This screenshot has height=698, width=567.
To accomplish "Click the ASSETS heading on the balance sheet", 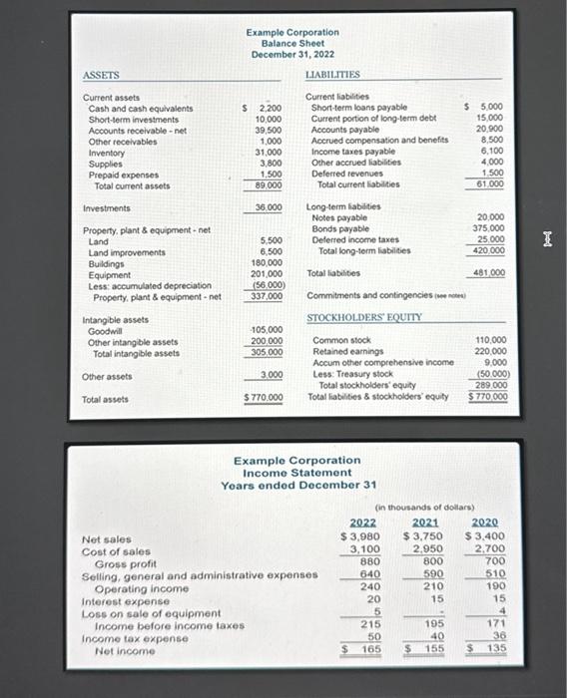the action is pyautogui.click(x=101, y=75).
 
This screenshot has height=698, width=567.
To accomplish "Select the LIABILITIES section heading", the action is pyautogui.click(x=333, y=75).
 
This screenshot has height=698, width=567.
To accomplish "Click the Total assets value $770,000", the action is pyautogui.click(x=265, y=399).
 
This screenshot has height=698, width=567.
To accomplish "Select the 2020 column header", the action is pyautogui.click(x=484, y=523).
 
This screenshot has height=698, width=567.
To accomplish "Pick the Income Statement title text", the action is pyautogui.click(x=297, y=473).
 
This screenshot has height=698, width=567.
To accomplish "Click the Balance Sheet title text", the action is pyautogui.click(x=291, y=43).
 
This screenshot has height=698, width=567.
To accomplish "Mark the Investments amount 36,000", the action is pyautogui.click(x=266, y=208).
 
